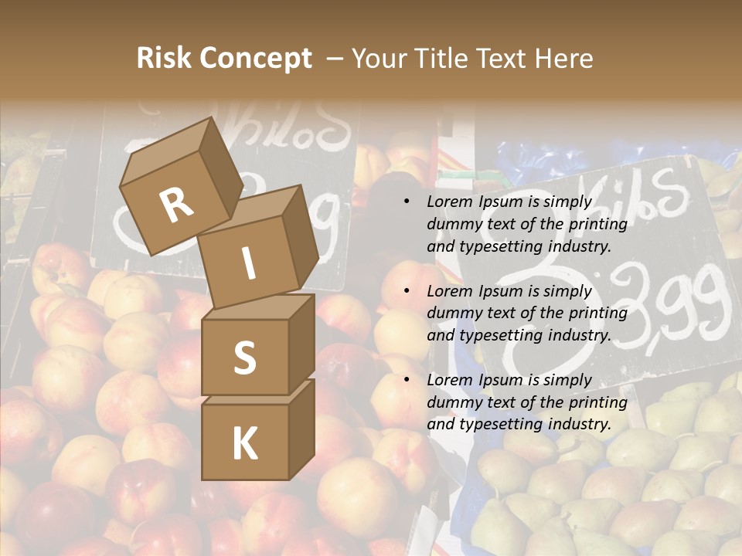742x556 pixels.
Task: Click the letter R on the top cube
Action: pos(176,205)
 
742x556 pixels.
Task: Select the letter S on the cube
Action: pos(244,358)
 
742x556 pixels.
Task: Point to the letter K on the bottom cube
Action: pos(244,444)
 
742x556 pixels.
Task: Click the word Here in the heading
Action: pos(563,59)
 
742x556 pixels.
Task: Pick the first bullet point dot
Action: pos(407,202)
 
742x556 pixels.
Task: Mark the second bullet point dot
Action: pos(407,291)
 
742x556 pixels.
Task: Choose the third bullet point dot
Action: pos(407,380)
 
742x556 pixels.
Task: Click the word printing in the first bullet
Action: pos(597,225)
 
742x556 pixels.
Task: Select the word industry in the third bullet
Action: pos(581,424)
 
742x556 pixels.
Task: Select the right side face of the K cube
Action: pos(301,429)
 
